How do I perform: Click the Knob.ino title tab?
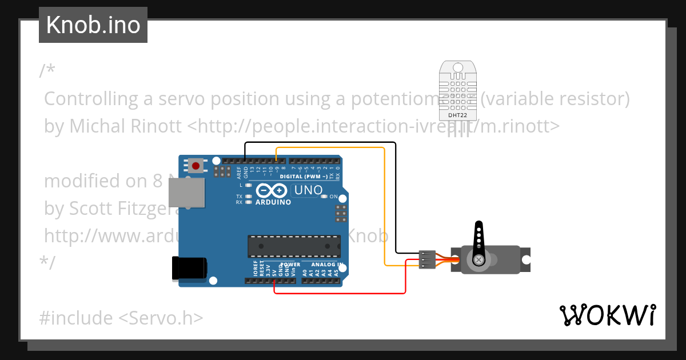93,25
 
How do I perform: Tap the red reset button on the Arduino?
196,166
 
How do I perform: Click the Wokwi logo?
607,315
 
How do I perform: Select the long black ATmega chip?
294,246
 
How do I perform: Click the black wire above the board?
320,142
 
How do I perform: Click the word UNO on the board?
308,190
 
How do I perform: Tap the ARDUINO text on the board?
273,202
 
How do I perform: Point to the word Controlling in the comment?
91,99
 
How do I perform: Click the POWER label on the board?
290,265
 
